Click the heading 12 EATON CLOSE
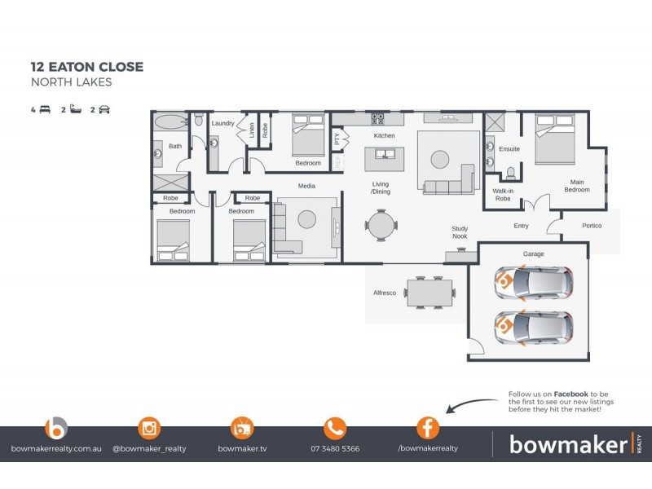tap(86, 67)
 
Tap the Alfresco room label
tap(384, 293)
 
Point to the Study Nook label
tap(460, 233)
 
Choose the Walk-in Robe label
tap(502, 195)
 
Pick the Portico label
tap(592, 226)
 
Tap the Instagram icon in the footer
tap(149, 427)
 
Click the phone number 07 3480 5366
tap(335, 448)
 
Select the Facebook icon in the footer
tap(428, 427)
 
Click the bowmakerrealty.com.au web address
tap(56, 448)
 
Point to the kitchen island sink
tap(383, 153)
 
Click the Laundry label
tap(222, 123)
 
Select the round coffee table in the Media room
tap(307, 218)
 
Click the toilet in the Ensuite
tap(510, 173)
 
